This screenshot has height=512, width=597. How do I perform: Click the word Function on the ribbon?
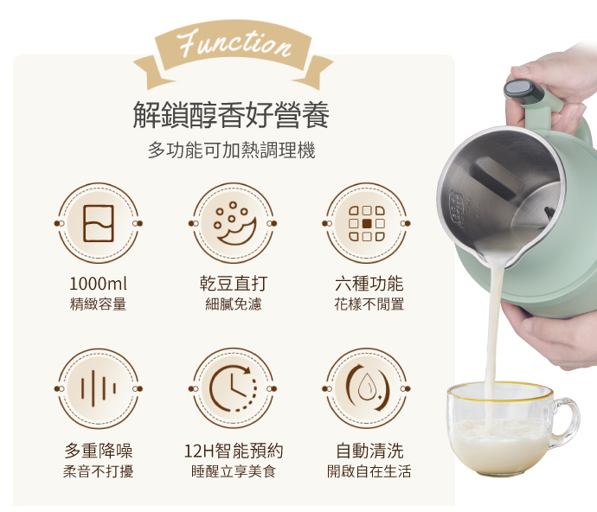pyautogui.click(x=234, y=43)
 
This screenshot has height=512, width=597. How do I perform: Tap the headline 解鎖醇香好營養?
pyautogui.click(x=231, y=114)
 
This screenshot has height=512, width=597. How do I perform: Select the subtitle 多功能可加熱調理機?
pyautogui.click(x=232, y=150)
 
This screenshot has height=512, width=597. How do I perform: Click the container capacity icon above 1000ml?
pyautogui.click(x=99, y=223)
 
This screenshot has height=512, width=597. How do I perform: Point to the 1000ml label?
pyautogui.click(x=99, y=284)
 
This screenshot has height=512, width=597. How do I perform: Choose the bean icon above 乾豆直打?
pyautogui.click(x=233, y=223)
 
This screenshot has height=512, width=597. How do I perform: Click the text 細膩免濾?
pyautogui.click(x=233, y=304)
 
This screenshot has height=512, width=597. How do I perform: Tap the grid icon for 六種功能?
pyautogui.click(x=367, y=223)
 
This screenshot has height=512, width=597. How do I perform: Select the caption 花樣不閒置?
pyautogui.click(x=369, y=304)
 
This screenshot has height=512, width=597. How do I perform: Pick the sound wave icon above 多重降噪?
pyautogui.click(x=99, y=388)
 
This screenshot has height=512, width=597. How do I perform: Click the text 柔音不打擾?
pyautogui.click(x=99, y=471)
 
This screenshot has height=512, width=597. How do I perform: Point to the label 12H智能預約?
pyautogui.click(x=234, y=451)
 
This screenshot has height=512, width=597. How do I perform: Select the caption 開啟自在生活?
pyautogui.click(x=369, y=471)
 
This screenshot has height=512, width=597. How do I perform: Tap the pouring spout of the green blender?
pyautogui.click(x=491, y=256)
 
